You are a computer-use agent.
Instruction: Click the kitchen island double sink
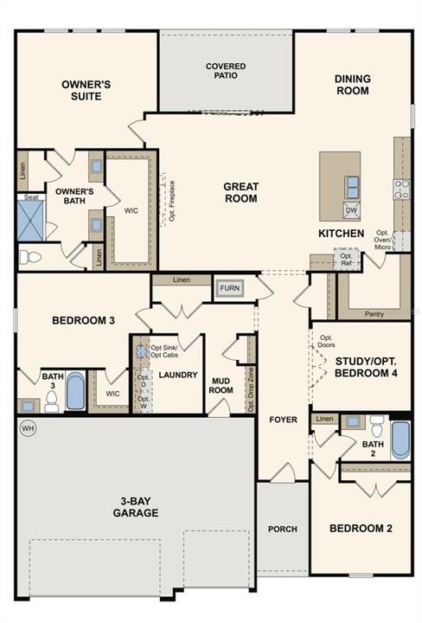tap(352, 185)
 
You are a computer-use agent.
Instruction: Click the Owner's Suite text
tap(82, 90)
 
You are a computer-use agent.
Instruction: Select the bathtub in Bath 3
tap(75, 392)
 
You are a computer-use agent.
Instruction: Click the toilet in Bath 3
tap(51, 401)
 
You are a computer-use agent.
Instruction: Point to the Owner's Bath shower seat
tap(31, 197)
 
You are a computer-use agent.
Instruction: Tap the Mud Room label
tap(221, 384)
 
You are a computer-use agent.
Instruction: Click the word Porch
tap(282, 530)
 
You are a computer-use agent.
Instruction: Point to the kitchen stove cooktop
tap(401, 189)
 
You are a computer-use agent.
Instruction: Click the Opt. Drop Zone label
tap(251, 389)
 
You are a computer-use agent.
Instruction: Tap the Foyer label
tap(282, 421)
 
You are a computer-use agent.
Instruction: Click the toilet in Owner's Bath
tap(31, 257)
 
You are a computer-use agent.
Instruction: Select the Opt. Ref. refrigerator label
tap(346, 259)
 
